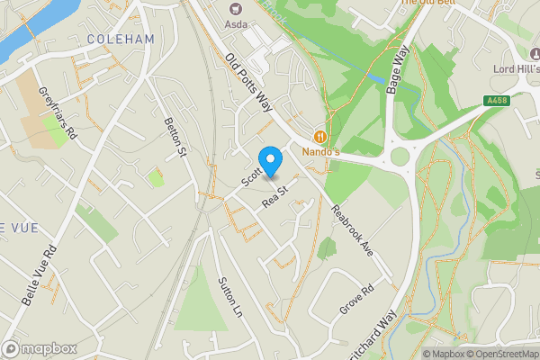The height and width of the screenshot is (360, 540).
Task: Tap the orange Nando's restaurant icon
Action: (319, 137)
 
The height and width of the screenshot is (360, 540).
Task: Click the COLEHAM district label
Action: (121, 40)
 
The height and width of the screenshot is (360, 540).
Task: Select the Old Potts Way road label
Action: (249, 84)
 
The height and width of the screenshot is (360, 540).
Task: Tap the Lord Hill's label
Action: (516, 68)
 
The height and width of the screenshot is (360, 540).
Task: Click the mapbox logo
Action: (40, 348)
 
